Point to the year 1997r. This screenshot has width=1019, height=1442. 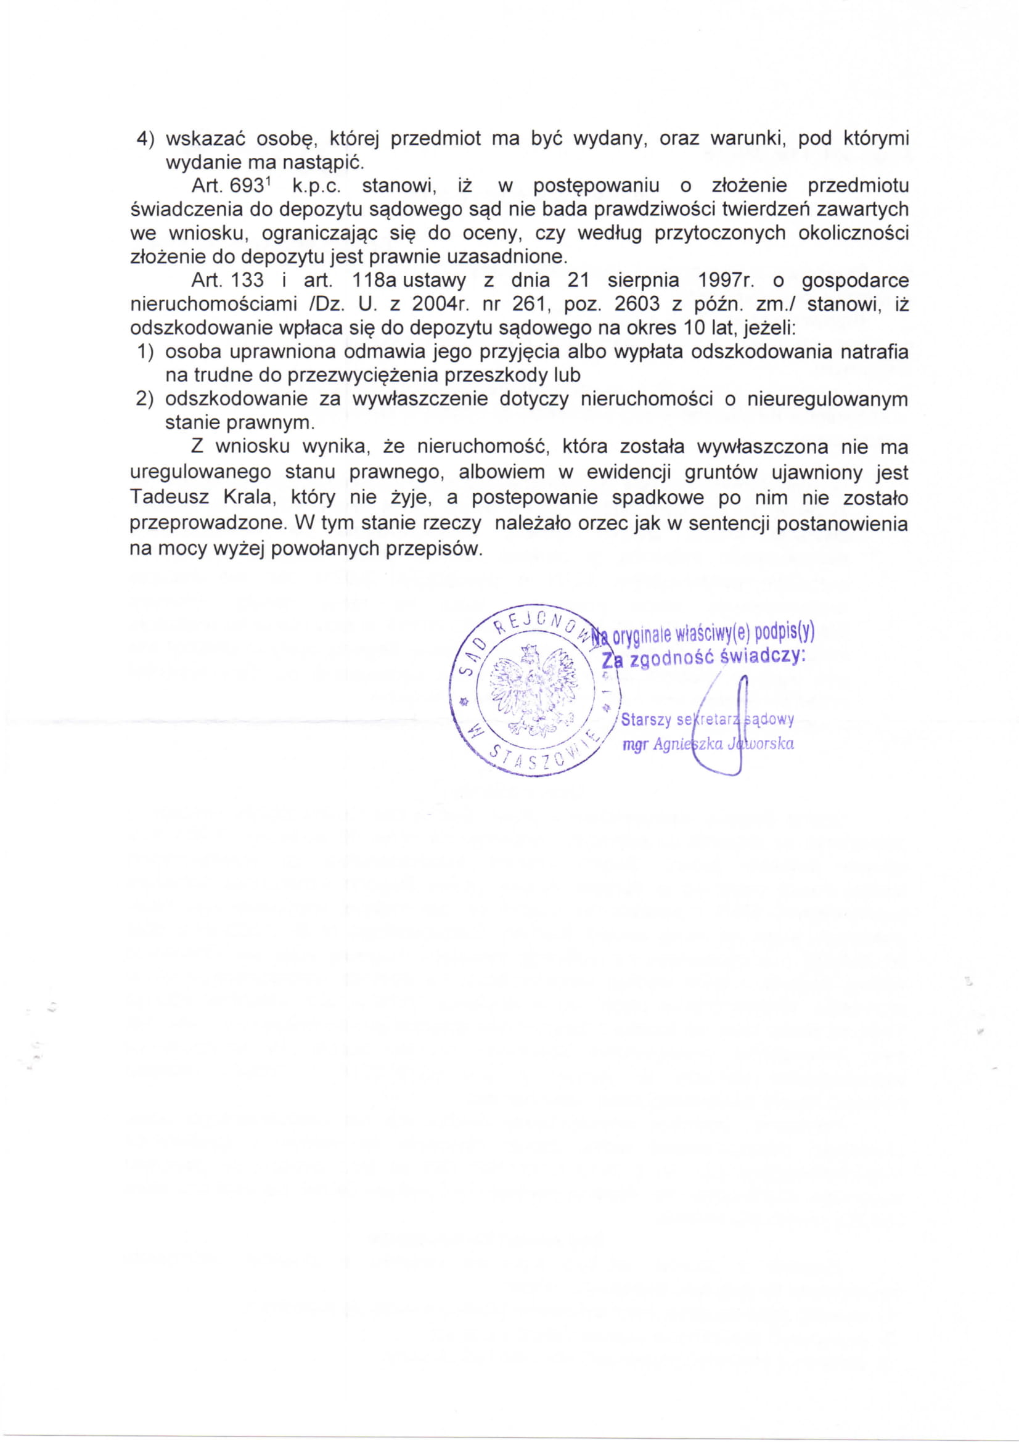(726, 280)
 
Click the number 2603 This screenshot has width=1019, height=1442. (637, 304)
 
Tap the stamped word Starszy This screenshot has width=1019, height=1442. (646, 719)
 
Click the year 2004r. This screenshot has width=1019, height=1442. (438, 304)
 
